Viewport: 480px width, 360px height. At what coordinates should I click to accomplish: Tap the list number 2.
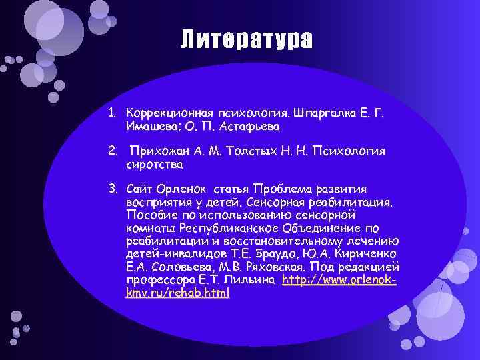113,151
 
